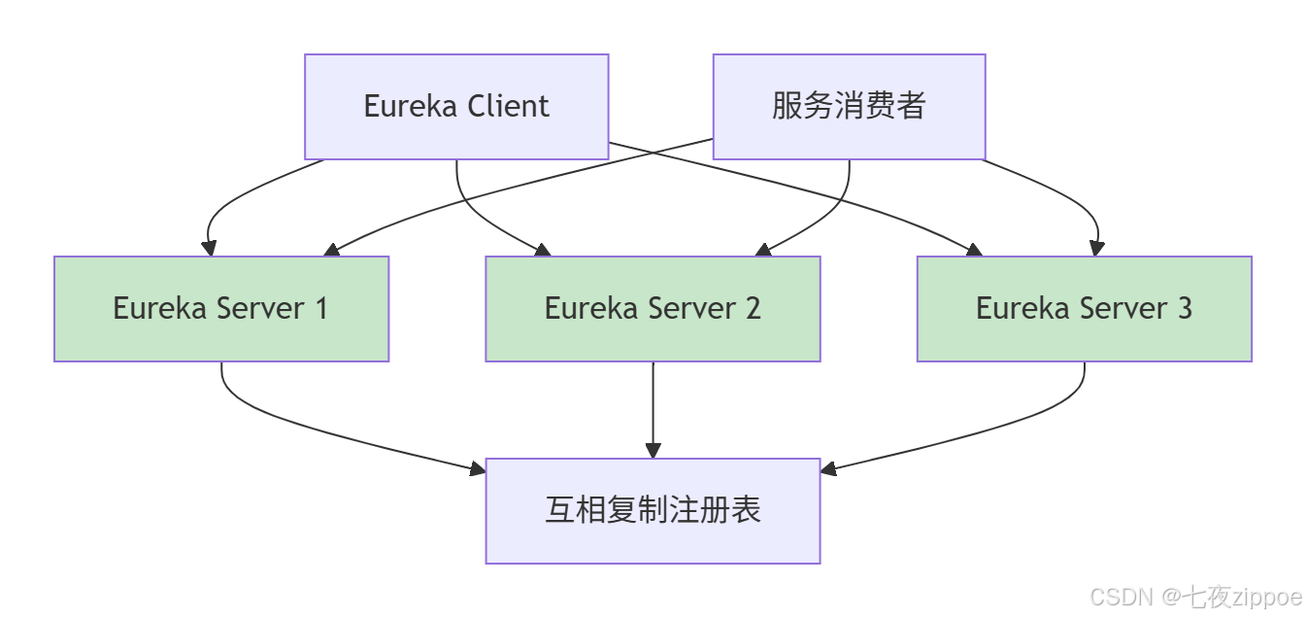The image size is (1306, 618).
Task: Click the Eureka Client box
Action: coord(456,106)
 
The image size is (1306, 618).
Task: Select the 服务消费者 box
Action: coord(849,106)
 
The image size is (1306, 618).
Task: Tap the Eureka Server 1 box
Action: coord(221,309)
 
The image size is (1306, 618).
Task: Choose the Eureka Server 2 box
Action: coord(653,309)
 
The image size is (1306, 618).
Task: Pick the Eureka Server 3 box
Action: coord(1084,309)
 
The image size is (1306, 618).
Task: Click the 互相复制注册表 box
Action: coord(653,511)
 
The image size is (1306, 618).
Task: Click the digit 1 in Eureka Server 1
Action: coord(319,309)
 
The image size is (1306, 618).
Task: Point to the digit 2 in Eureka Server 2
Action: coord(752,309)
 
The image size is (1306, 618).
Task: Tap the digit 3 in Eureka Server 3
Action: coord(1184,309)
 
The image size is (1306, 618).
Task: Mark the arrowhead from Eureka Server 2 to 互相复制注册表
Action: coord(653,451)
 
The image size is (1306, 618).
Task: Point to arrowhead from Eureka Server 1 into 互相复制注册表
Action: coord(478,469)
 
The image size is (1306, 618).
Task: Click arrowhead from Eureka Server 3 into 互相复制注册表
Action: coord(827,469)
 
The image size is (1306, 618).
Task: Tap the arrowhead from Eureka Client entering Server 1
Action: coord(209,249)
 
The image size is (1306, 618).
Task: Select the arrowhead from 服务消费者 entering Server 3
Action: coord(1097,249)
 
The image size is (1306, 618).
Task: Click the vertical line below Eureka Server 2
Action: coord(653,403)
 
